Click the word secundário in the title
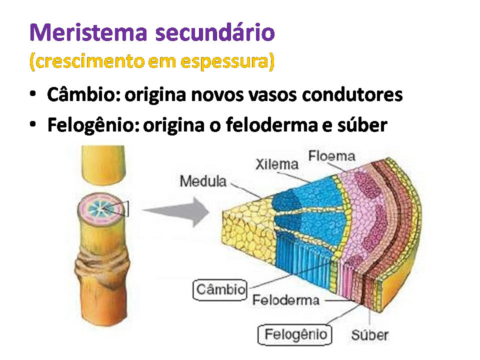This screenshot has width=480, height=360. (x=215, y=32)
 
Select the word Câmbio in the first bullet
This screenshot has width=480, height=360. (x=83, y=94)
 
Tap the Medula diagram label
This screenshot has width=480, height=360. (x=202, y=181)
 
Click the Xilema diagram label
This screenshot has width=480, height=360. (x=276, y=164)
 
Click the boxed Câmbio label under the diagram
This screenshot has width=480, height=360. (x=220, y=289)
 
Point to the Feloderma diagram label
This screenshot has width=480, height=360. (x=285, y=300)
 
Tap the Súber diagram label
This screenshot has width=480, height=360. (x=369, y=334)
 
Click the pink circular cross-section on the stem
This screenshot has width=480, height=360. (x=98, y=208)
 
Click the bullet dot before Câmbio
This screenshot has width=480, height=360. (x=33, y=94)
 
